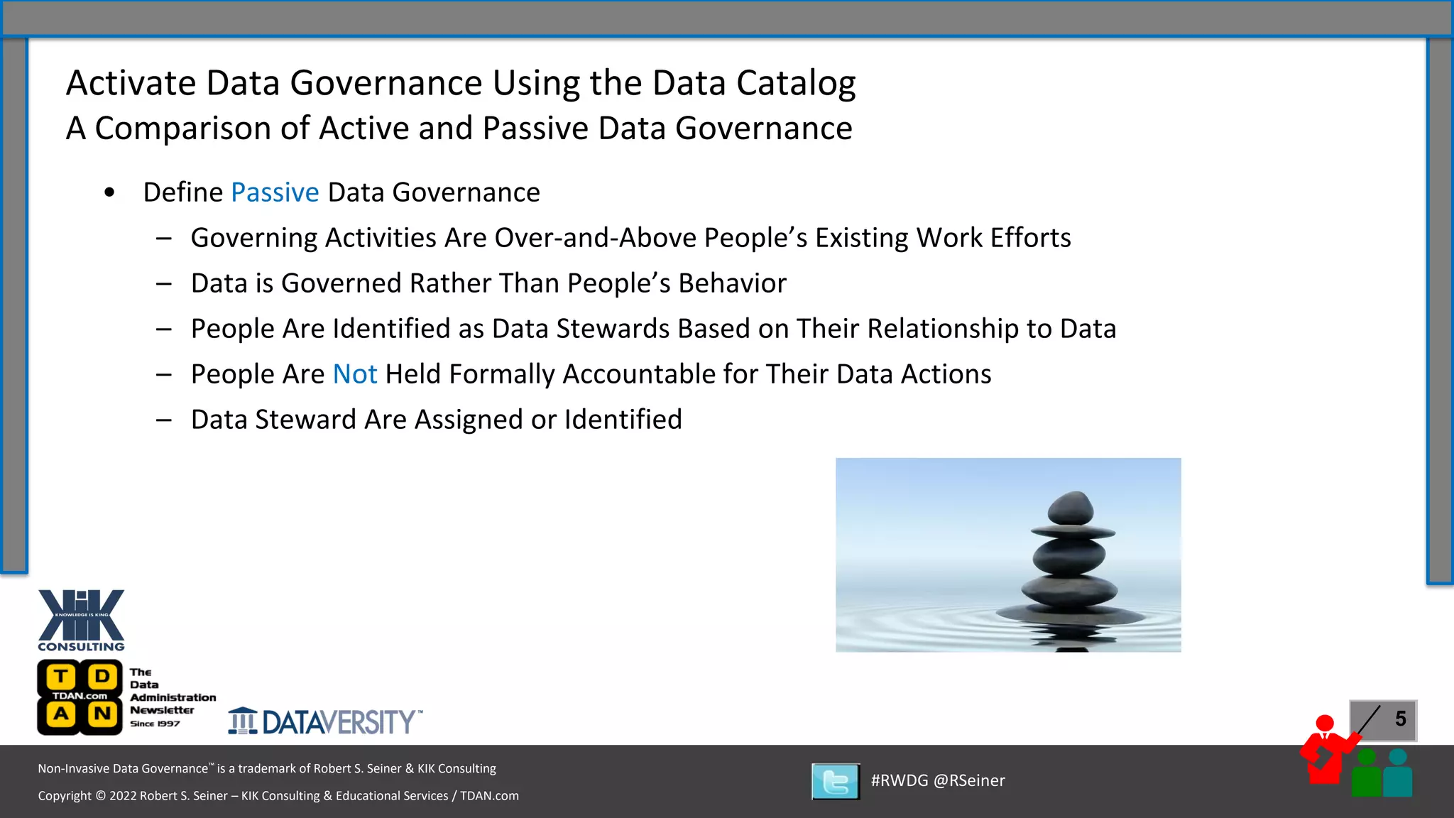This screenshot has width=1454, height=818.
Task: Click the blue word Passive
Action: tap(275, 193)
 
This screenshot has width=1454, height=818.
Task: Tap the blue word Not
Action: tap(355, 374)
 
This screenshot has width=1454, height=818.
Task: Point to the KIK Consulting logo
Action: tap(81, 619)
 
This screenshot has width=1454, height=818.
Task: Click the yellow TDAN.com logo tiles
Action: tap(80, 697)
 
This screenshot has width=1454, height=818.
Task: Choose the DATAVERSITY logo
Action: tap(325, 721)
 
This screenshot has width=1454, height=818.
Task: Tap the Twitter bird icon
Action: tap(836, 781)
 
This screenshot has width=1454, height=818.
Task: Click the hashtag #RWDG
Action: tap(900, 780)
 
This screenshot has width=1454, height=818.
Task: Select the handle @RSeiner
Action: tap(969, 780)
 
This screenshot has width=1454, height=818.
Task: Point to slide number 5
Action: tap(1400, 719)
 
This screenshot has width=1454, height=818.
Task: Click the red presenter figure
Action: tap(1325, 751)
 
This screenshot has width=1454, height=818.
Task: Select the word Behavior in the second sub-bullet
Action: tap(732, 283)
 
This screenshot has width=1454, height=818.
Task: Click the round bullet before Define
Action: tap(109, 192)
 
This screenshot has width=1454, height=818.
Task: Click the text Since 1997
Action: tap(155, 724)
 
